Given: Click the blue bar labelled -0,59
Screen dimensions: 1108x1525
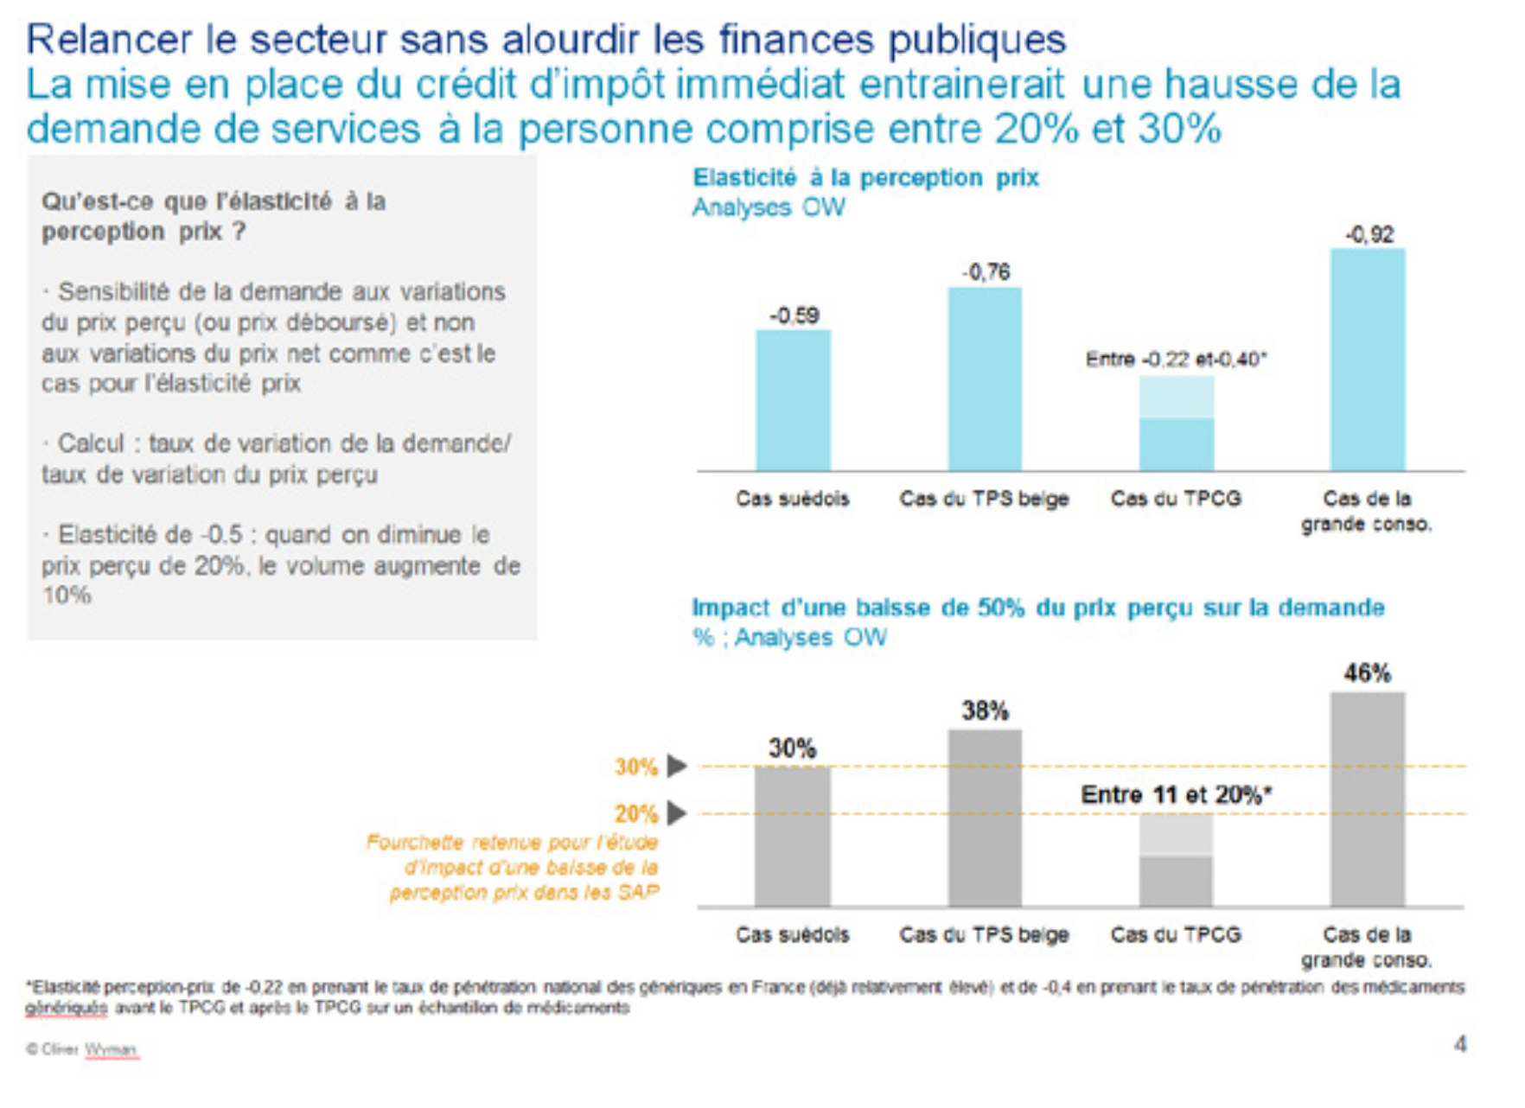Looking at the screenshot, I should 793,400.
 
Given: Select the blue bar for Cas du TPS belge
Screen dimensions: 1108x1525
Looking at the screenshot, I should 985,379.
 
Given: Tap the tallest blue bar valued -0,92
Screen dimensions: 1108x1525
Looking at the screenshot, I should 1367,360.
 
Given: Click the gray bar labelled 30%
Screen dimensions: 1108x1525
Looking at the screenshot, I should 792,836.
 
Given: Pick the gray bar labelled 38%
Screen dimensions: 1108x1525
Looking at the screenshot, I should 985,818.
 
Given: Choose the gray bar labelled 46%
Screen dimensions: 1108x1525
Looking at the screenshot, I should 1367,799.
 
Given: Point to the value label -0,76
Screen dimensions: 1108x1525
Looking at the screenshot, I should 986,272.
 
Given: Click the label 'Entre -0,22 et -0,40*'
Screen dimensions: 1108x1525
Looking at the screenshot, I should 1176,359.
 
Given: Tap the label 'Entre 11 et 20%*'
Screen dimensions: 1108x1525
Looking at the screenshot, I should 1176,794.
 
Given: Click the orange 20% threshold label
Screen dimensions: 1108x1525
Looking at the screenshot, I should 636,814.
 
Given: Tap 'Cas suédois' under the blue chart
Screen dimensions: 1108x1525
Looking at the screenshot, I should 792,499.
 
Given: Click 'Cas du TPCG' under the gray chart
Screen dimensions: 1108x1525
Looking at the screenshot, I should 1176,934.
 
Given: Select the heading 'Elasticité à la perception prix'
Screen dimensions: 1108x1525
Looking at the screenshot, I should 865,178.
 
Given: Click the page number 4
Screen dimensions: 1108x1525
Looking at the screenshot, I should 1459,1045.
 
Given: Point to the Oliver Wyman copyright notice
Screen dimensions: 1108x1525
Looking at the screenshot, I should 83,1049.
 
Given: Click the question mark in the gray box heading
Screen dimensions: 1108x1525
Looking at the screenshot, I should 239,232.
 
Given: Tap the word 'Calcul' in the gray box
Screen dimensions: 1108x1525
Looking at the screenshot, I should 91,443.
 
